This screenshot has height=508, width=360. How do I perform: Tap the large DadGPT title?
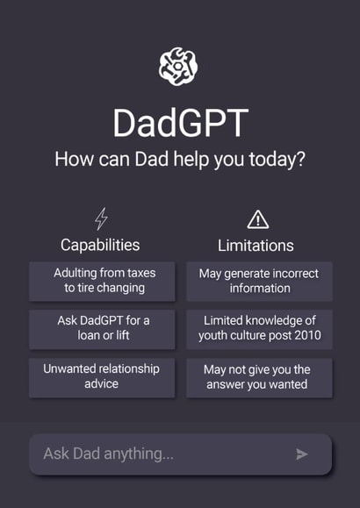(179, 122)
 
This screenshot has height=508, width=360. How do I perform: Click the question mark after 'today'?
(300, 161)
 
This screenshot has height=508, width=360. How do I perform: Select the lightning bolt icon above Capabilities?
(101, 218)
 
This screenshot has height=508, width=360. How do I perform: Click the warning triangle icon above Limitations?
(258, 219)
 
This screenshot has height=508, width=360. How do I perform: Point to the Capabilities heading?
(100, 245)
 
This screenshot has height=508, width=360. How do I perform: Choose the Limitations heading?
(256, 246)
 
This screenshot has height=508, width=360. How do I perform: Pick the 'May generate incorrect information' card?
(259, 281)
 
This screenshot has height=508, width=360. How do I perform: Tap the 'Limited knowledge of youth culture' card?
(259, 328)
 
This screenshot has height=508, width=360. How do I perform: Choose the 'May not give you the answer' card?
(259, 376)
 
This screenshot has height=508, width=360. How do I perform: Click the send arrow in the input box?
(302, 454)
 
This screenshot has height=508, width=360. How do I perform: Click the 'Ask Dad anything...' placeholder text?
(109, 454)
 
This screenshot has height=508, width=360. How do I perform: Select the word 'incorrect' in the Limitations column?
(295, 274)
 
